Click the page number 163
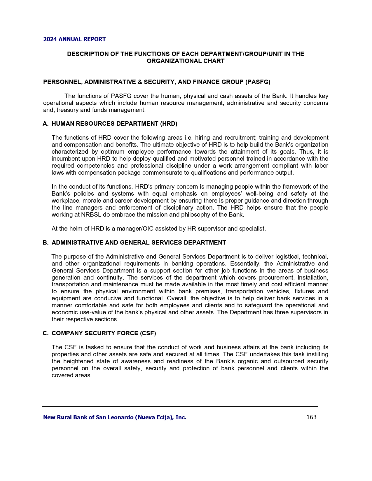point(311,417)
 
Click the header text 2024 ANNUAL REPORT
point(74,39)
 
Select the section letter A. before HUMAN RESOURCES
point(46,124)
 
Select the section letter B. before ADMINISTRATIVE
point(46,243)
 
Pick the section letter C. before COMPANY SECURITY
point(46,333)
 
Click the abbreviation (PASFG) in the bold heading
point(258,82)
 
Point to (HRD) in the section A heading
point(168,124)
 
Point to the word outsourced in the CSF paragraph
point(293,361)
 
